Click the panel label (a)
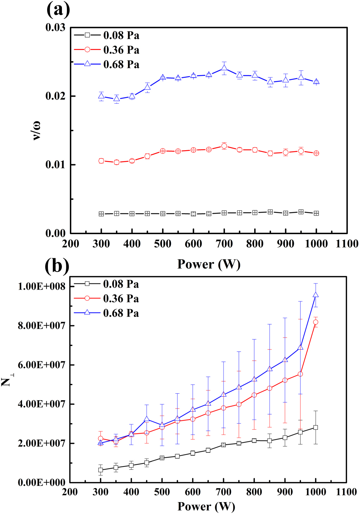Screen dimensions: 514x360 (58, 10)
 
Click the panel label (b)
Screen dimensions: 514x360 (57, 266)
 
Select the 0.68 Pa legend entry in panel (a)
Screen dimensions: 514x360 (107, 64)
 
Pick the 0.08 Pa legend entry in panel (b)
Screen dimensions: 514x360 (106, 284)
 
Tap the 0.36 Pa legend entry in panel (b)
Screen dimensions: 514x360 (106, 299)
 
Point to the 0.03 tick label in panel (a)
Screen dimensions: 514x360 (55, 27)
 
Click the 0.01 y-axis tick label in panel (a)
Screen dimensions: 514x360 (55, 165)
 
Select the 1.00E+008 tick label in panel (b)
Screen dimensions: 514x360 (42, 286)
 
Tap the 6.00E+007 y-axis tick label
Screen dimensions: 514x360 (42, 365)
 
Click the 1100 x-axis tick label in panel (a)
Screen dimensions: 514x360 (347, 244)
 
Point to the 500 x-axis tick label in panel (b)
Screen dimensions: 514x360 (162, 492)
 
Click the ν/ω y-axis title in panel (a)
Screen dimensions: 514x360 (36, 130)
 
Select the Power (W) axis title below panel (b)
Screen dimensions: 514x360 (206, 506)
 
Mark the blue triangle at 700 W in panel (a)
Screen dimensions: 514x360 (224, 68)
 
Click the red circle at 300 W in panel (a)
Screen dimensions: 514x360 (101, 161)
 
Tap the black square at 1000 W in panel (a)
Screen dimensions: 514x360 (316, 213)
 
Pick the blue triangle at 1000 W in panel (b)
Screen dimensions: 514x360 (316, 295)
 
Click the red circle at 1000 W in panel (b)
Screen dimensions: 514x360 (316, 322)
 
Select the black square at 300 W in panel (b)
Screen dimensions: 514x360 (101, 470)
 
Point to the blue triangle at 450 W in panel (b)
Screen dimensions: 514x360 (147, 419)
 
